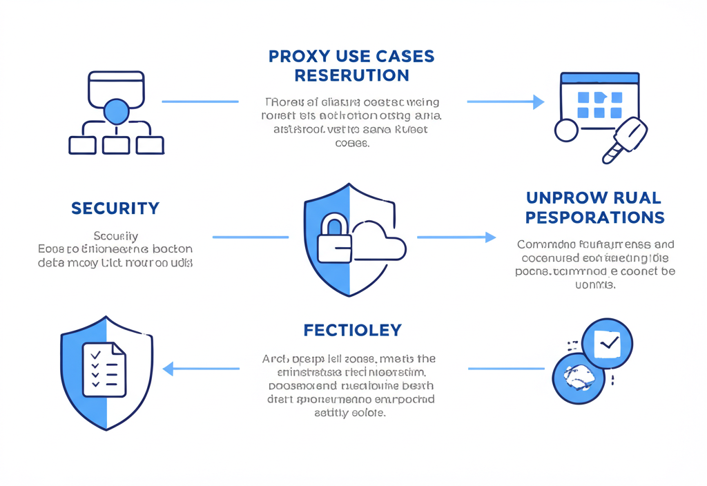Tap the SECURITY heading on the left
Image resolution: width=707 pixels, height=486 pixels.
[115, 208]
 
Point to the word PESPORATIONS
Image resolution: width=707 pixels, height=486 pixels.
[594, 217]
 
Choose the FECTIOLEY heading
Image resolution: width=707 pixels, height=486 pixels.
[352, 330]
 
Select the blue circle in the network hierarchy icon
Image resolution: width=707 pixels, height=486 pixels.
[116, 111]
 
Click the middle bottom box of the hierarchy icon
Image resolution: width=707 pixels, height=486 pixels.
[116, 145]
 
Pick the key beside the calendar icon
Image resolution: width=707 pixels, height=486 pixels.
[626, 138]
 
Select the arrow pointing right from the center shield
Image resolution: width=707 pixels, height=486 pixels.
[456, 237]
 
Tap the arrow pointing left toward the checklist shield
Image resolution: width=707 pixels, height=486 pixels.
[200, 369]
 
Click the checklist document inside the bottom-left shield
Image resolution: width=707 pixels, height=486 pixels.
[104, 370]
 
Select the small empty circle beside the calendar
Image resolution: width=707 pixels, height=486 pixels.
[566, 130]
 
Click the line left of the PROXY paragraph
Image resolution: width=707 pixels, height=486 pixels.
[200, 101]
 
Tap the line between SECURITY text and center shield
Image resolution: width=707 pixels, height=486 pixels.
[250, 237]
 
